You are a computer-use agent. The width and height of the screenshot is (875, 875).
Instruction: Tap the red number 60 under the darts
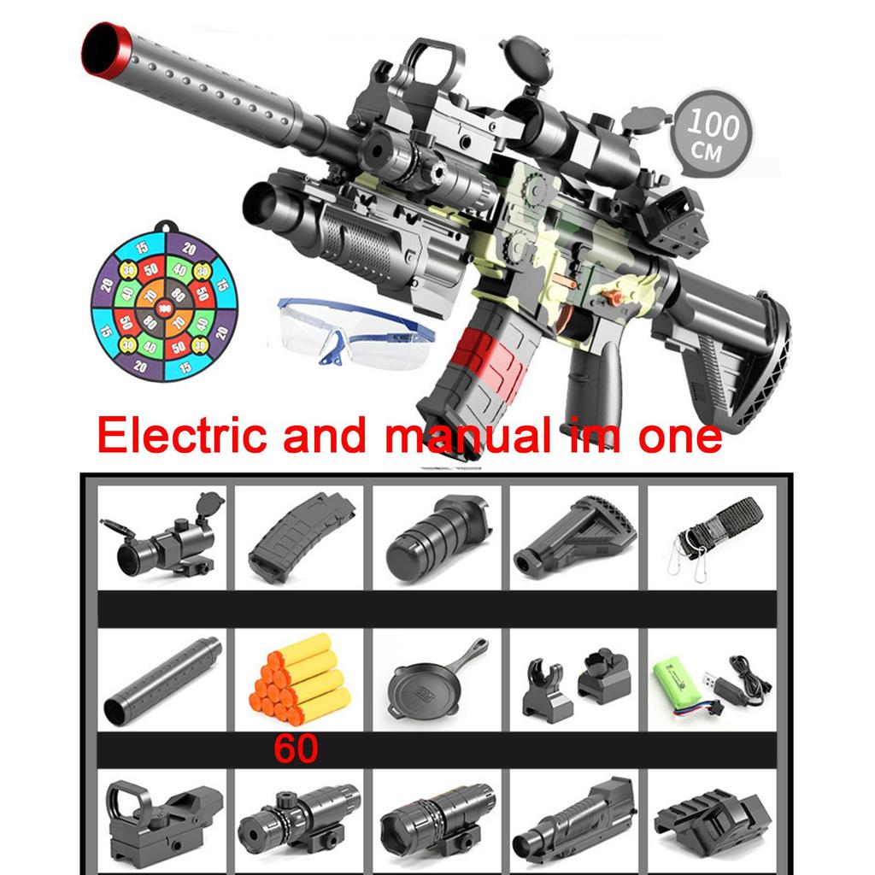point(296,748)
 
